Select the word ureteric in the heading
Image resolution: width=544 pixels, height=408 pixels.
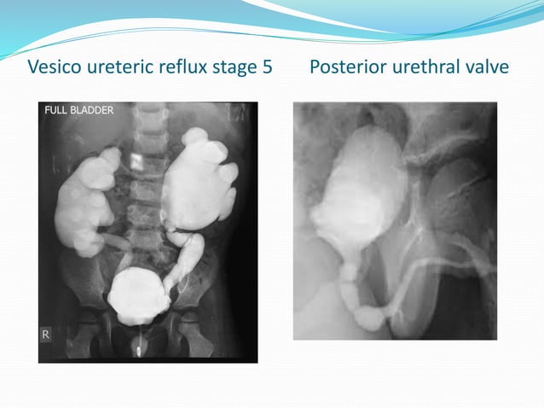tap(123, 67)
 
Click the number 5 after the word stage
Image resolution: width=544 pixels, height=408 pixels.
tap(267, 67)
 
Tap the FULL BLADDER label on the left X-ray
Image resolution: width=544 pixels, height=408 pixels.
tap(78, 110)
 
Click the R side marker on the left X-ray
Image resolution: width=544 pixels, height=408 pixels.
tap(46, 335)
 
